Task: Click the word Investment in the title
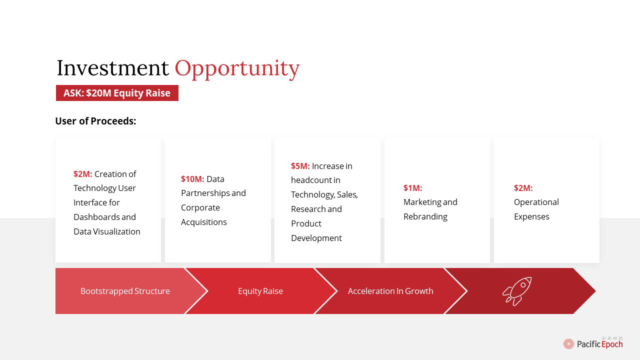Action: coord(112,68)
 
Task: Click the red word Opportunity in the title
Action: coord(237,69)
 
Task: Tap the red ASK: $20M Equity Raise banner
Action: coord(117,93)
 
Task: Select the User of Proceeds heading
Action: coord(95,121)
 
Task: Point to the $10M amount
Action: coord(192,179)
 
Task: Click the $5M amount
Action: coord(300,166)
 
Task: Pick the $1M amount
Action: coord(413,188)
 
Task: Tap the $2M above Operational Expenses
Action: coord(523,188)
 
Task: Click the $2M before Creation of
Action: coord(83,174)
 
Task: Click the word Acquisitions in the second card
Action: coord(204,222)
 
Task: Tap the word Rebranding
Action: coord(425,217)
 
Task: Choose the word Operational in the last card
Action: coord(536,202)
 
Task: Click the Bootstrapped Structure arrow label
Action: coord(125,291)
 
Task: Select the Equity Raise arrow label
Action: coord(260,291)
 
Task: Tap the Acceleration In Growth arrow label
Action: coord(390,291)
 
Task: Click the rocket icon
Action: coord(517,291)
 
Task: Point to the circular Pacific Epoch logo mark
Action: coord(568,344)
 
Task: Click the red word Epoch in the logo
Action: coord(612,344)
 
